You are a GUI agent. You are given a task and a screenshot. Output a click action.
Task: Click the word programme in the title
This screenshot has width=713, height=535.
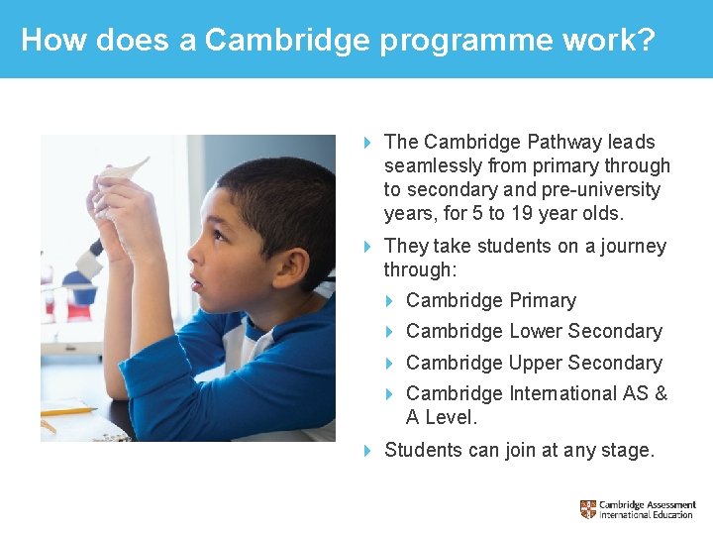coord(445,42)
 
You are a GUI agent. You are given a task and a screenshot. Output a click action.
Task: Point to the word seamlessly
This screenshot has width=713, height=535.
coord(433,165)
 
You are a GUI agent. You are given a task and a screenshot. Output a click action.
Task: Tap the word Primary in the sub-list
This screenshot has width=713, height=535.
coord(543,300)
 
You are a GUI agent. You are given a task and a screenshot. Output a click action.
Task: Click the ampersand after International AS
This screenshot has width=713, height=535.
coord(661,393)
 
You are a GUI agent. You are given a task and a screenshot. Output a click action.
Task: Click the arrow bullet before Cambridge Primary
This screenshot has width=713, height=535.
coord(390,300)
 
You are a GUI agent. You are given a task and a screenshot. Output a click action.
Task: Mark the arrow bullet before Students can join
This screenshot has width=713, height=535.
coord(367,450)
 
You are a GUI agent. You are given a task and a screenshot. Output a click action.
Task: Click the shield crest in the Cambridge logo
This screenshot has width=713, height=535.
coord(588,509)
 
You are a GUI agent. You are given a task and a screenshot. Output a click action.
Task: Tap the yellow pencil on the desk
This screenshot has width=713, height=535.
coord(68,409)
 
